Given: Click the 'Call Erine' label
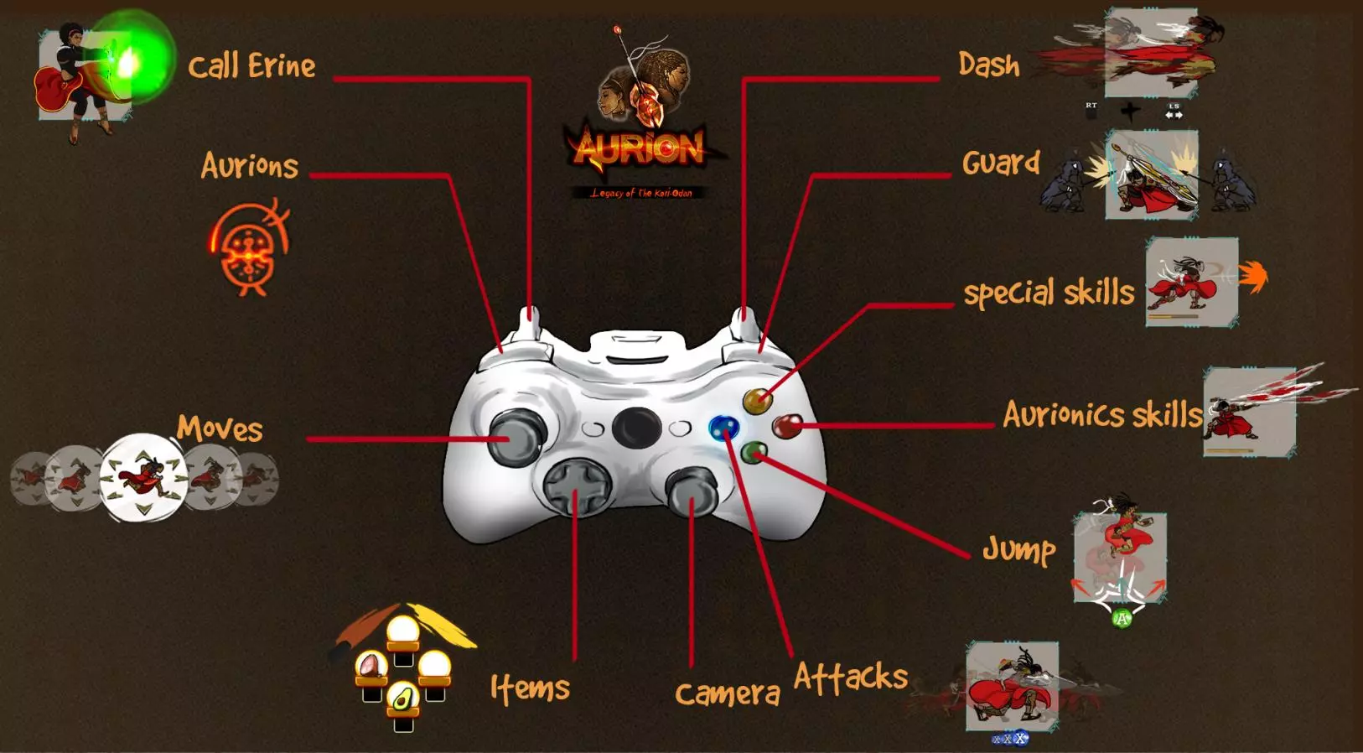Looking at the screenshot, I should [x=251, y=66].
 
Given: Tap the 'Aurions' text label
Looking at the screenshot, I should [x=250, y=166].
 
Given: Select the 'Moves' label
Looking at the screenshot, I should [x=220, y=428].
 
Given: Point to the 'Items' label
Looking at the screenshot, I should [x=530, y=688].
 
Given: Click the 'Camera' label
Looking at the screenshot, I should [x=727, y=693].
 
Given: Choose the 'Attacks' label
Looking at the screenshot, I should [x=850, y=677].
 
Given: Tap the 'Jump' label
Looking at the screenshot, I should [x=1018, y=550].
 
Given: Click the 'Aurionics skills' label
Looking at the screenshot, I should [x=1101, y=414].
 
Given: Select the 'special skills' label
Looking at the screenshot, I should [x=1048, y=293].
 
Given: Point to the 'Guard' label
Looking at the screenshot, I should [x=1001, y=163].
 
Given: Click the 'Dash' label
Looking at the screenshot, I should [x=989, y=65].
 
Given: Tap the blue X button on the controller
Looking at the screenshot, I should [x=722, y=428].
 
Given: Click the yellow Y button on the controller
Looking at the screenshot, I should [x=757, y=401].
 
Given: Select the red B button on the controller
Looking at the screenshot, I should [x=786, y=426].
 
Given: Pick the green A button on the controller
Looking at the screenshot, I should [x=754, y=454].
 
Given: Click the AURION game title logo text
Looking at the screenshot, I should [x=639, y=148].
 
